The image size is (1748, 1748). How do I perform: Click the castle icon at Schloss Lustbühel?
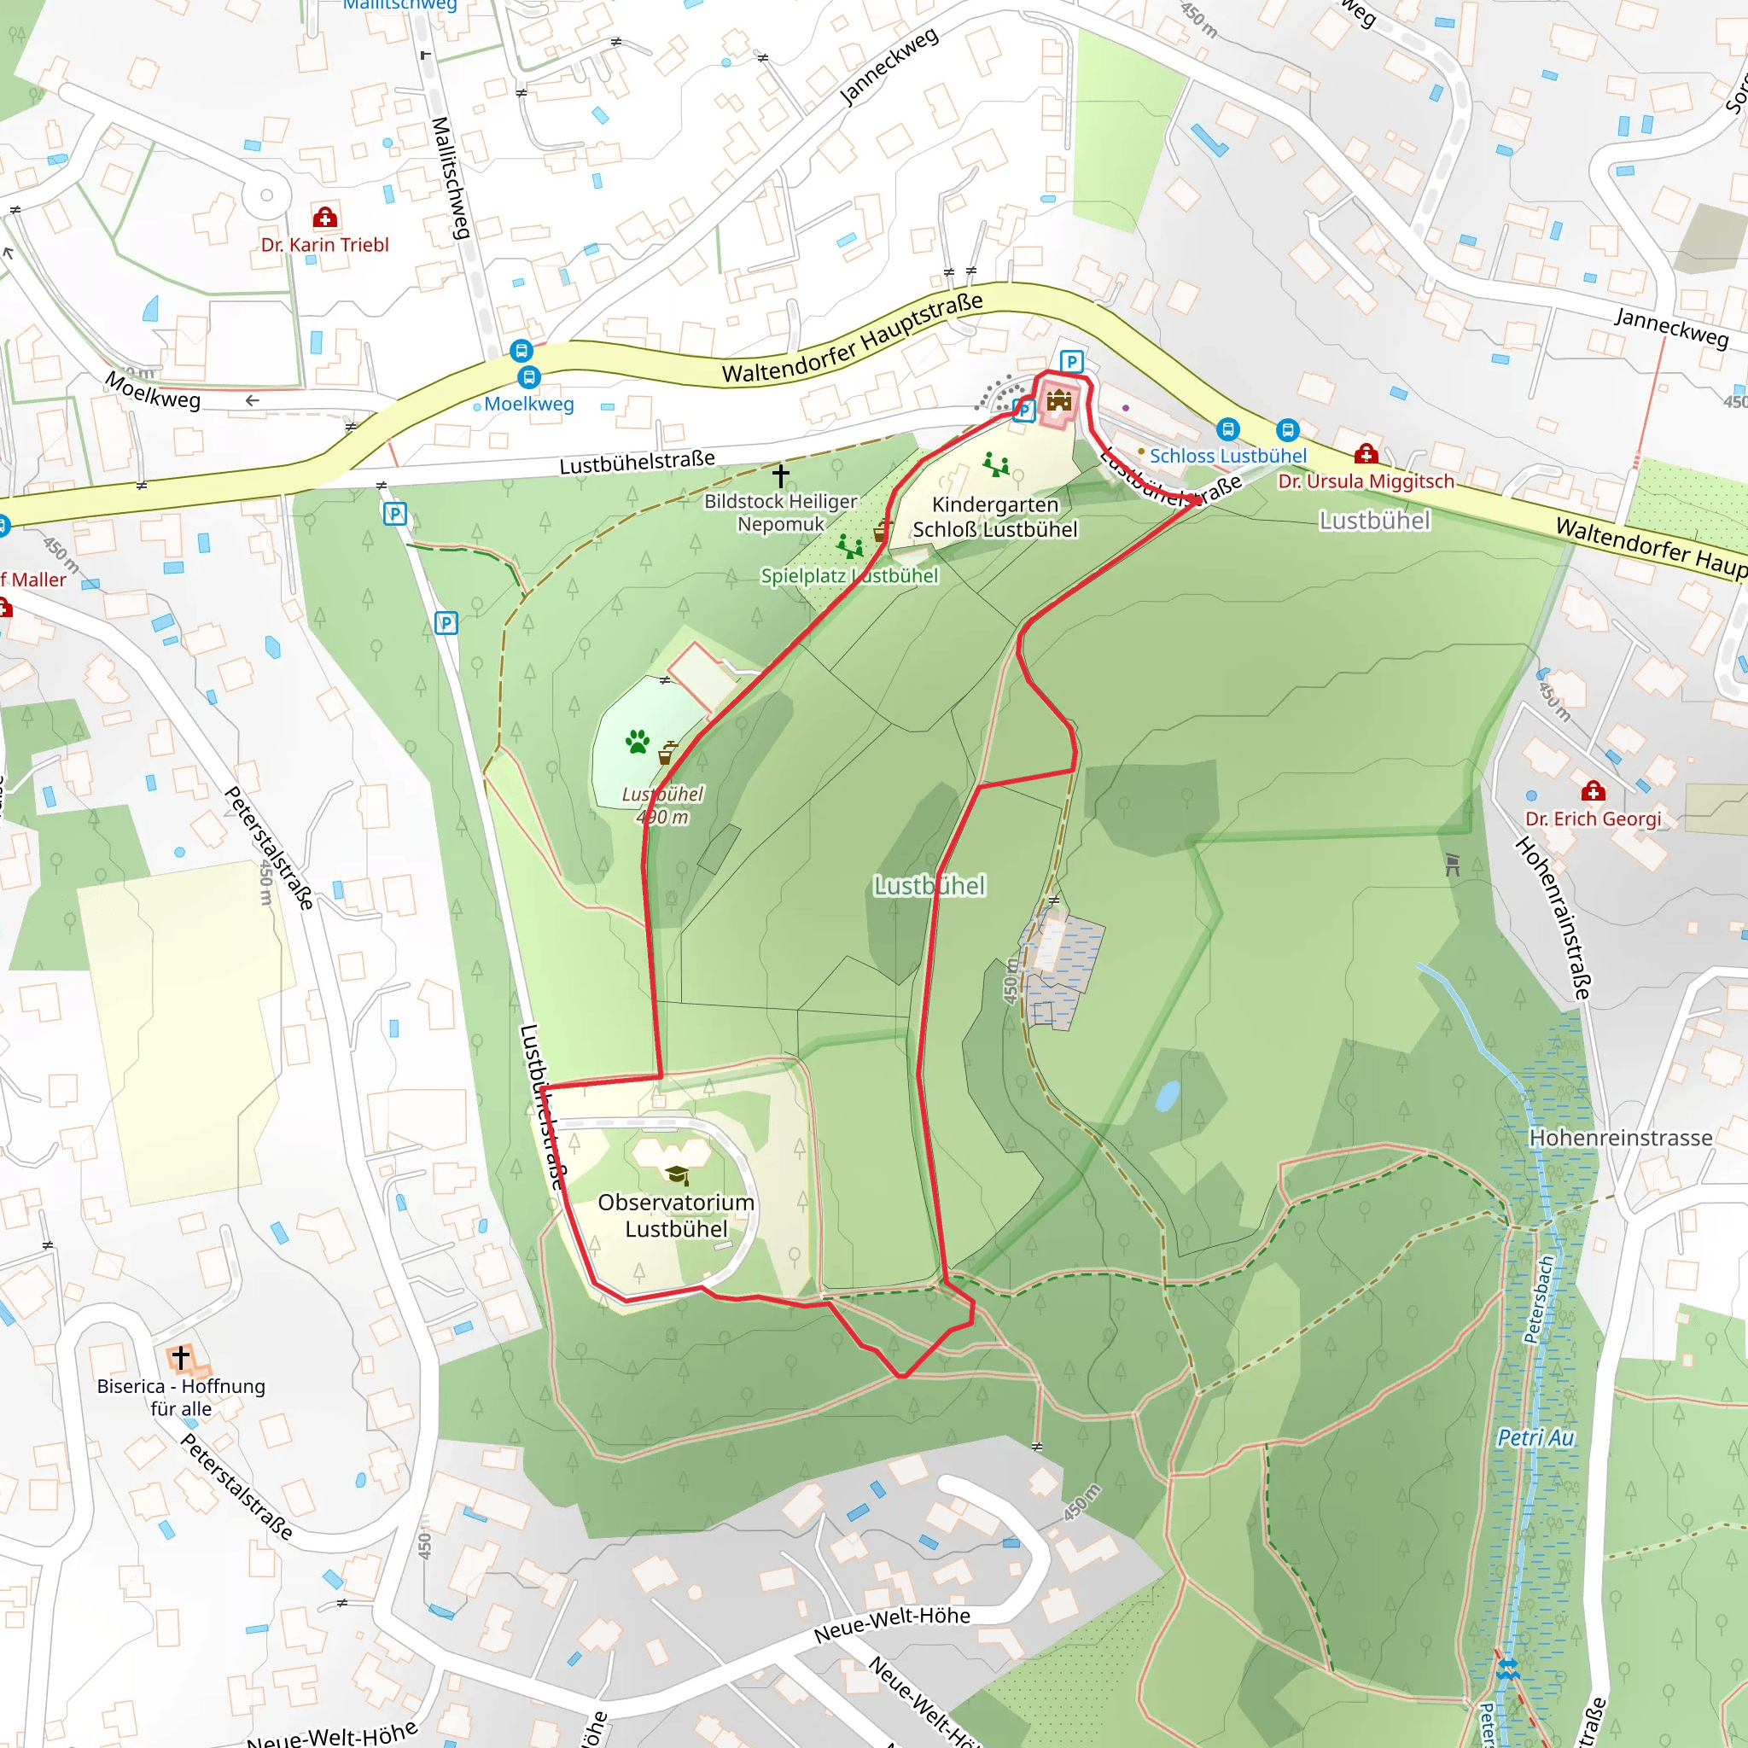point(1058,400)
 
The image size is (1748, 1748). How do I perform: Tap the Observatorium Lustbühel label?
point(676,1215)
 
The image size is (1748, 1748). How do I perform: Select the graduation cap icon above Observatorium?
point(676,1174)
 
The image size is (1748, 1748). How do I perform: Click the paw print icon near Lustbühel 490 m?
point(638,742)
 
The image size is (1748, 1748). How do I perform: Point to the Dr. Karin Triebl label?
point(325,244)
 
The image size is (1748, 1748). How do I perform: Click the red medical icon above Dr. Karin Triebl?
point(325,217)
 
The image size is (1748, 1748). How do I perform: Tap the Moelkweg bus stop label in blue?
point(528,405)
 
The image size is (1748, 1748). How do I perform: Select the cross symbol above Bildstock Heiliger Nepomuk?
point(781,475)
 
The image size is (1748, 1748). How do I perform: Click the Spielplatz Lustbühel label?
point(848,575)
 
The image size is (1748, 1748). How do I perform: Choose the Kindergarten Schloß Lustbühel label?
point(994,516)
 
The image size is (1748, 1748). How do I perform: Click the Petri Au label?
point(1535,1437)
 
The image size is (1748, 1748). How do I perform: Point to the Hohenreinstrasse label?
point(1621,1137)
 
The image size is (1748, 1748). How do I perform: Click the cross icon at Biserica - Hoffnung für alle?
point(181,1357)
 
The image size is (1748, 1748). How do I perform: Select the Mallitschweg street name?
point(451,178)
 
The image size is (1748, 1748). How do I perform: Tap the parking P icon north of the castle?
point(1071,362)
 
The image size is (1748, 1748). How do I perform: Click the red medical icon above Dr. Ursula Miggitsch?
point(1366,453)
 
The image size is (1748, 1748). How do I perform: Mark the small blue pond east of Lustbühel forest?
point(1167,1096)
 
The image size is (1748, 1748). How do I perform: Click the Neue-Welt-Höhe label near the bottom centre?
point(891,1625)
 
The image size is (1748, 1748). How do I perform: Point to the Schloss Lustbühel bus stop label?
point(1227,456)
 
